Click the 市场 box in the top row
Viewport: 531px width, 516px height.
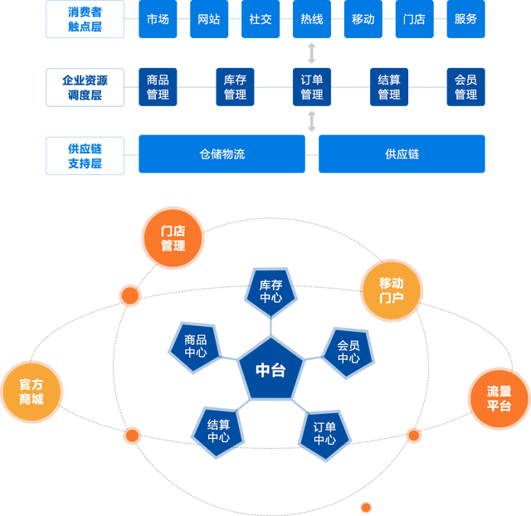tap(158, 20)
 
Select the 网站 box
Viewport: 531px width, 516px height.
tap(209, 20)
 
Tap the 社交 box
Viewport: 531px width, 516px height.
tap(261, 20)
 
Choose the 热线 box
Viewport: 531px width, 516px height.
tap(312, 20)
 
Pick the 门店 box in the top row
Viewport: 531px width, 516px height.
tap(414, 20)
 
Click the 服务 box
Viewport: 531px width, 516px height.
tap(465, 20)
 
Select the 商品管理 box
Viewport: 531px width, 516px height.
tap(158, 87)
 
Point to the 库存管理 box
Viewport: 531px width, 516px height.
tap(235, 87)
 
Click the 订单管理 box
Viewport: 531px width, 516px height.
tap(312, 87)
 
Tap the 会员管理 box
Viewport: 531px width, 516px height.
tap(465, 87)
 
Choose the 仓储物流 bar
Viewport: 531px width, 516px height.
tap(222, 154)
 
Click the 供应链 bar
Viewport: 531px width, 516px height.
tap(402, 154)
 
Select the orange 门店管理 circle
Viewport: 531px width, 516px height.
tap(173, 239)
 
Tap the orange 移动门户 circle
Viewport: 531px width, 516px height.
tap(391, 290)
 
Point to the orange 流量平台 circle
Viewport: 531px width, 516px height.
tap(499, 399)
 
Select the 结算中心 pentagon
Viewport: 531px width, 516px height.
tap(219, 431)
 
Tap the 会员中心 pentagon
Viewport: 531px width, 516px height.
tap(348, 352)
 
